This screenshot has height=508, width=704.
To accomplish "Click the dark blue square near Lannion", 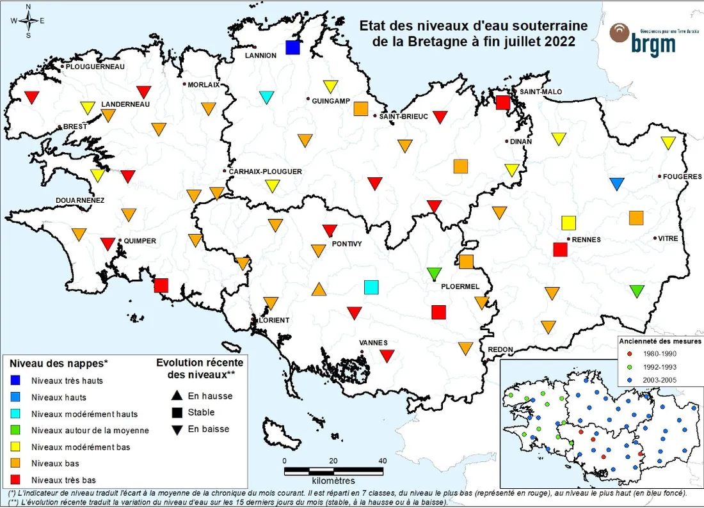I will [x=293, y=47].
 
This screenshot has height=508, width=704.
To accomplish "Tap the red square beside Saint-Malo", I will [x=503, y=102].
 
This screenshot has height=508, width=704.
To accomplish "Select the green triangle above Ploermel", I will [x=435, y=273].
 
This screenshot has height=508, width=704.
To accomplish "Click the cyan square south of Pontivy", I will [x=371, y=287].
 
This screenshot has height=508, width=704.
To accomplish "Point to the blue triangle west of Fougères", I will [x=617, y=184].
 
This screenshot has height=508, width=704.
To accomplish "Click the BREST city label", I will [x=75, y=127].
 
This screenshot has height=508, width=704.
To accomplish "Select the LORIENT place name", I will [x=274, y=320].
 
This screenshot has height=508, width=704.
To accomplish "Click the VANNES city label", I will [x=373, y=343].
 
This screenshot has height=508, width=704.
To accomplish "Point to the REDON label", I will [x=500, y=349].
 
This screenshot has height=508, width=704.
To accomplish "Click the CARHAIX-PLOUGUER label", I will [x=265, y=171].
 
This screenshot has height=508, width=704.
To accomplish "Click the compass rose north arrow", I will [x=28, y=9].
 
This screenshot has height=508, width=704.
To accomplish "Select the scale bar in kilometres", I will [x=333, y=472].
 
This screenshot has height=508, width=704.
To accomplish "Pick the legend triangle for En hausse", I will [x=176, y=396].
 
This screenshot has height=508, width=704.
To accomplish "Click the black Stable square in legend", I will [x=176, y=413].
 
